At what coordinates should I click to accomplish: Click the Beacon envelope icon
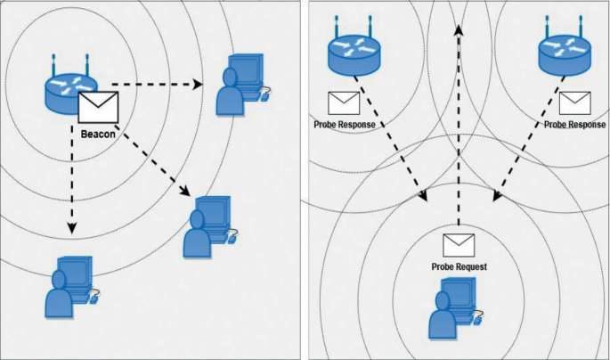[98, 107]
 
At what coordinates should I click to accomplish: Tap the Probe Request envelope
[459, 243]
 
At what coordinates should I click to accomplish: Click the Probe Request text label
[459, 266]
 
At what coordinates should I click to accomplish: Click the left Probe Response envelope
[344, 102]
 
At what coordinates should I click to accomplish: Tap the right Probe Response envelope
[574, 102]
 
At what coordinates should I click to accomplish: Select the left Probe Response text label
[345, 125]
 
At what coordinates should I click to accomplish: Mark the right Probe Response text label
[574, 125]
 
